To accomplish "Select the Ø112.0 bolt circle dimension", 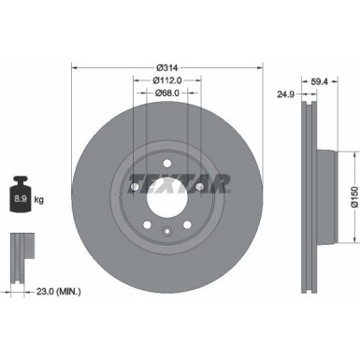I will tap(166, 79).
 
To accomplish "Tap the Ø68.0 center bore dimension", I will tap(166, 93).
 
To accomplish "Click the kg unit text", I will tap(37, 200).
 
